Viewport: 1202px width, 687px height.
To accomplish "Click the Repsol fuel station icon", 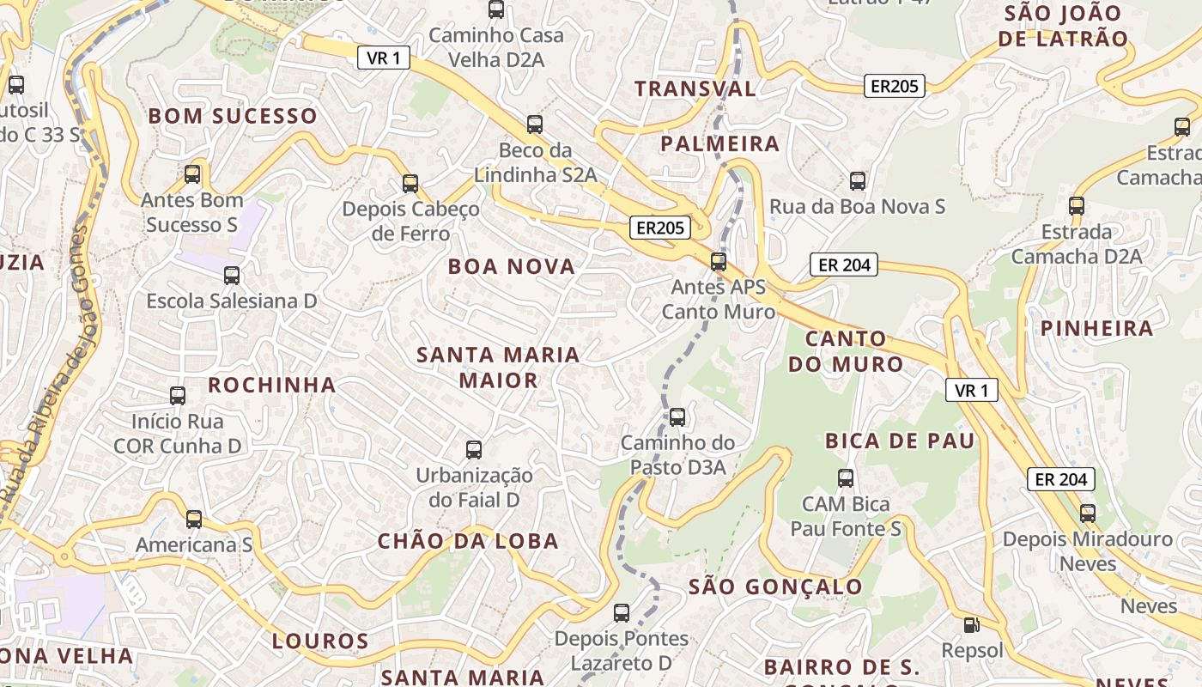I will pyautogui.click(x=971, y=625).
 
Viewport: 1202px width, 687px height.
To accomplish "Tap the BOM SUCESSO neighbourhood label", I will pyautogui.click(x=233, y=116).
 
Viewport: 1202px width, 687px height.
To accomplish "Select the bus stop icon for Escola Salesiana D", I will pyautogui.click(x=232, y=276).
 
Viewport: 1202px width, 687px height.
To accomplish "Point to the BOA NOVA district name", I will pyautogui.click(x=512, y=266).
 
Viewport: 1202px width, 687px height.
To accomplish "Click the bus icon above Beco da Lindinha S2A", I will pyautogui.click(x=535, y=125).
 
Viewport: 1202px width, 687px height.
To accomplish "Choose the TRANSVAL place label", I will pyautogui.click(x=695, y=88).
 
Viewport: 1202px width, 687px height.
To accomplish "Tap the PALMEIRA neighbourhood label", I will pyautogui.click(x=719, y=143).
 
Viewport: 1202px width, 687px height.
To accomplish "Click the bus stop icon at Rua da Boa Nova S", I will pyautogui.click(x=857, y=181).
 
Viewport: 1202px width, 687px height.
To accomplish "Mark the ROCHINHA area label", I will pyautogui.click(x=271, y=385).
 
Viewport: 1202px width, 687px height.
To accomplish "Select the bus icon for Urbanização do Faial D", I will pyautogui.click(x=473, y=449).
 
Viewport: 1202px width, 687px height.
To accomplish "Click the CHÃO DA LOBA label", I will pyautogui.click(x=468, y=541).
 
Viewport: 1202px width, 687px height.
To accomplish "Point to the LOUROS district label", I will pyautogui.click(x=320, y=641).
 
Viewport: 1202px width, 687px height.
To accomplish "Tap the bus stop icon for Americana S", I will pyautogui.click(x=194, y=520).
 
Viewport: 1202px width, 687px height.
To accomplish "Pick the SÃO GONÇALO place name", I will pyautogui.click(x=775, y=587).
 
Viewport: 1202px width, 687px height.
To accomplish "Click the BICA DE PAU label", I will pyautogui.click(x=900, y=441).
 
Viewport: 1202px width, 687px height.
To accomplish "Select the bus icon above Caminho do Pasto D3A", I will pyautogui.click(x=677, y=417).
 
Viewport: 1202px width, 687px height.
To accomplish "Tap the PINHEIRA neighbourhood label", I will pyautogui.click(x=1097, y=328).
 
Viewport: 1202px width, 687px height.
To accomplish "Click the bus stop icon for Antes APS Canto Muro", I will pyautogui.click(x=719, y=261).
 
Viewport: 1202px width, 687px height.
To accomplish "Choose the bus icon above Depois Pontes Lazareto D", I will pyautogui.click(x=622, y=613).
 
